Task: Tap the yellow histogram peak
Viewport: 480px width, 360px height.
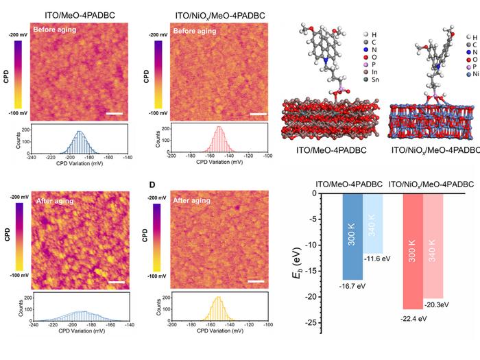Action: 218,299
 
